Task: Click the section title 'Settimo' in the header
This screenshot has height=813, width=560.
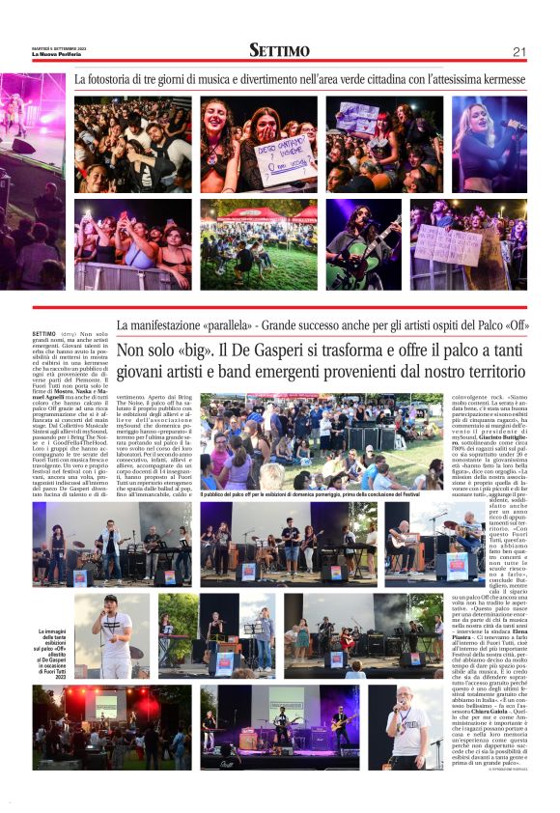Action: coord(279,50)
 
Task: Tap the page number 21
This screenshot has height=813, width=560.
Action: coord(519,51)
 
